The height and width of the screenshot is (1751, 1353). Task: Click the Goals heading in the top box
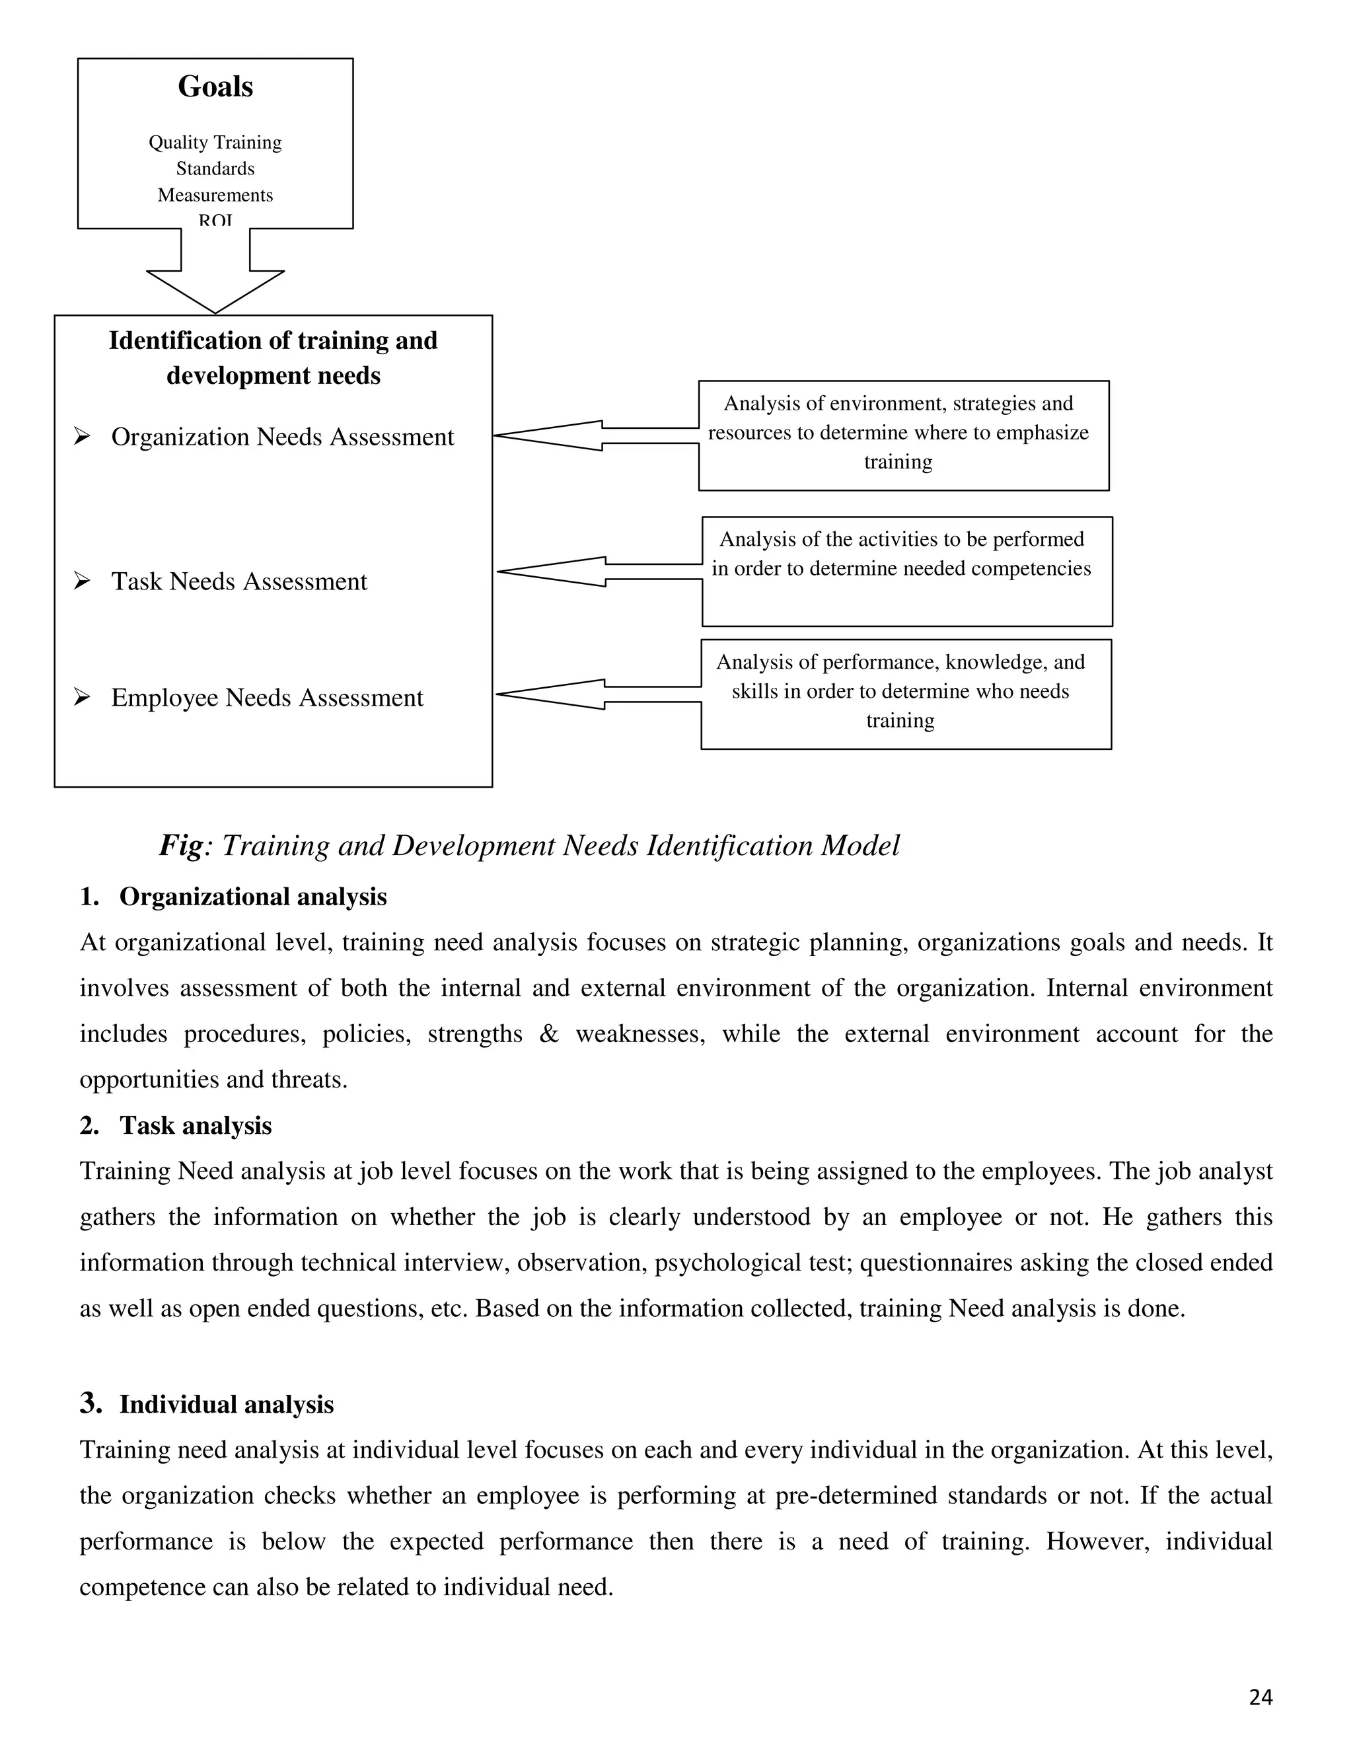click(x=215, y=87)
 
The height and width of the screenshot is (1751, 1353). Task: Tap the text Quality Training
click(x=215, y=143)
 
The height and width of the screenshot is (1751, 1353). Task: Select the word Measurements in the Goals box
click(x=215, y=196)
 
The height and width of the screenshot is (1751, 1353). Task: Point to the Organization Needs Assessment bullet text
click(x=282, y=437)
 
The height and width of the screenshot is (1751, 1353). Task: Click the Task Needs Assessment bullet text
click(x=239, y=581)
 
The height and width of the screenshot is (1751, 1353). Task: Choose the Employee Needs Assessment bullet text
click(x=267, y=698)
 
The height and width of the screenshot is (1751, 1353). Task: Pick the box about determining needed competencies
click(x=906, y=570)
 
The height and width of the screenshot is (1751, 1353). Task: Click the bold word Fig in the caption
click(x=181, y=846)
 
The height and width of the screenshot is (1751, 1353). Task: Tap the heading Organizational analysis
click(x=252, y=897)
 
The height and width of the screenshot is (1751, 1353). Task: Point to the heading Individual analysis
click(x=226, y=1405)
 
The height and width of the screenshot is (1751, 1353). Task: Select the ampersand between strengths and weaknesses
click(x=548, y=1034)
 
